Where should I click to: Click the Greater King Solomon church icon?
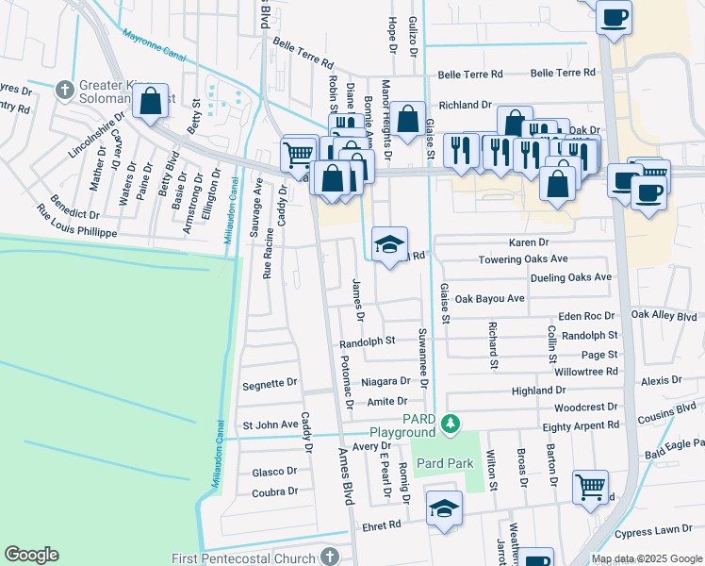[x=65, y=91]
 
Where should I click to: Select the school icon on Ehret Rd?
[x=444, y=509]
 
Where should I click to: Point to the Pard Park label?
[x=444, y=464]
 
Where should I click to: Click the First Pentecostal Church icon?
[x=329, y=558]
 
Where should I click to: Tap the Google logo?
[x=31, y=555]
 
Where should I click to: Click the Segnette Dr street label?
[x=270, y=384]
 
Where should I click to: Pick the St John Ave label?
[x=271, y=425]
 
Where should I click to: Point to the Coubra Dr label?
[x=274, y=491]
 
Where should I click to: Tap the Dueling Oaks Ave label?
[x=558, y=278]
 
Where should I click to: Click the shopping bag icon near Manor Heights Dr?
[x=408, y=120]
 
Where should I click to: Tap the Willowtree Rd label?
[x=586, y=372]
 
